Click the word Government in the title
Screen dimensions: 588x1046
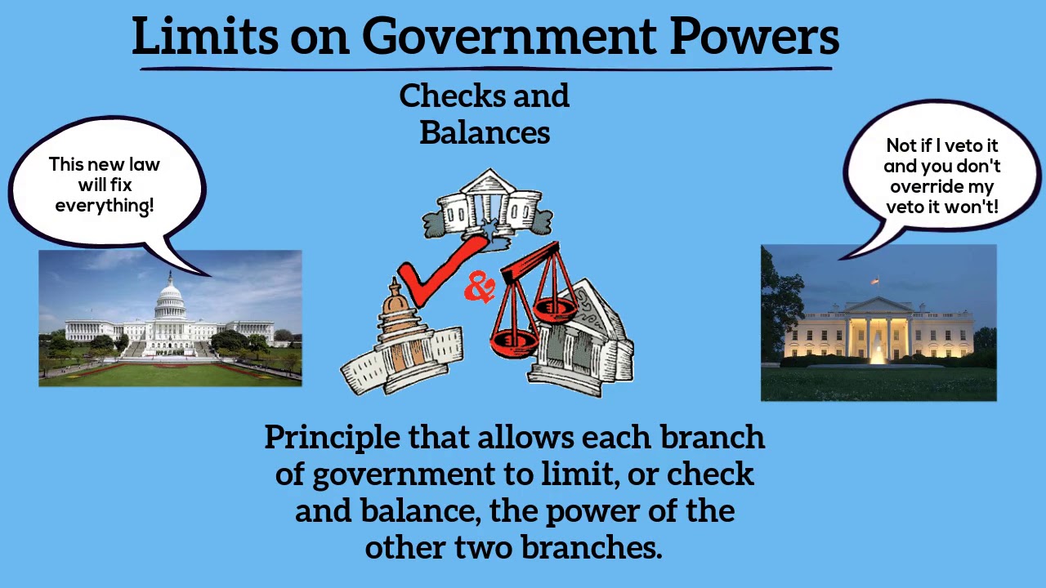(x=509, y=37)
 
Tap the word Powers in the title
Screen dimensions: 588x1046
(x=754, y=37)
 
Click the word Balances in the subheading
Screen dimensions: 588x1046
(x=485, y=132)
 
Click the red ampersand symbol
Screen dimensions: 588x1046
(x=480, y=287)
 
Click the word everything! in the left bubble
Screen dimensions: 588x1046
(x=105, y=206)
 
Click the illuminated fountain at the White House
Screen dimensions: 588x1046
(x=878, y=352)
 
